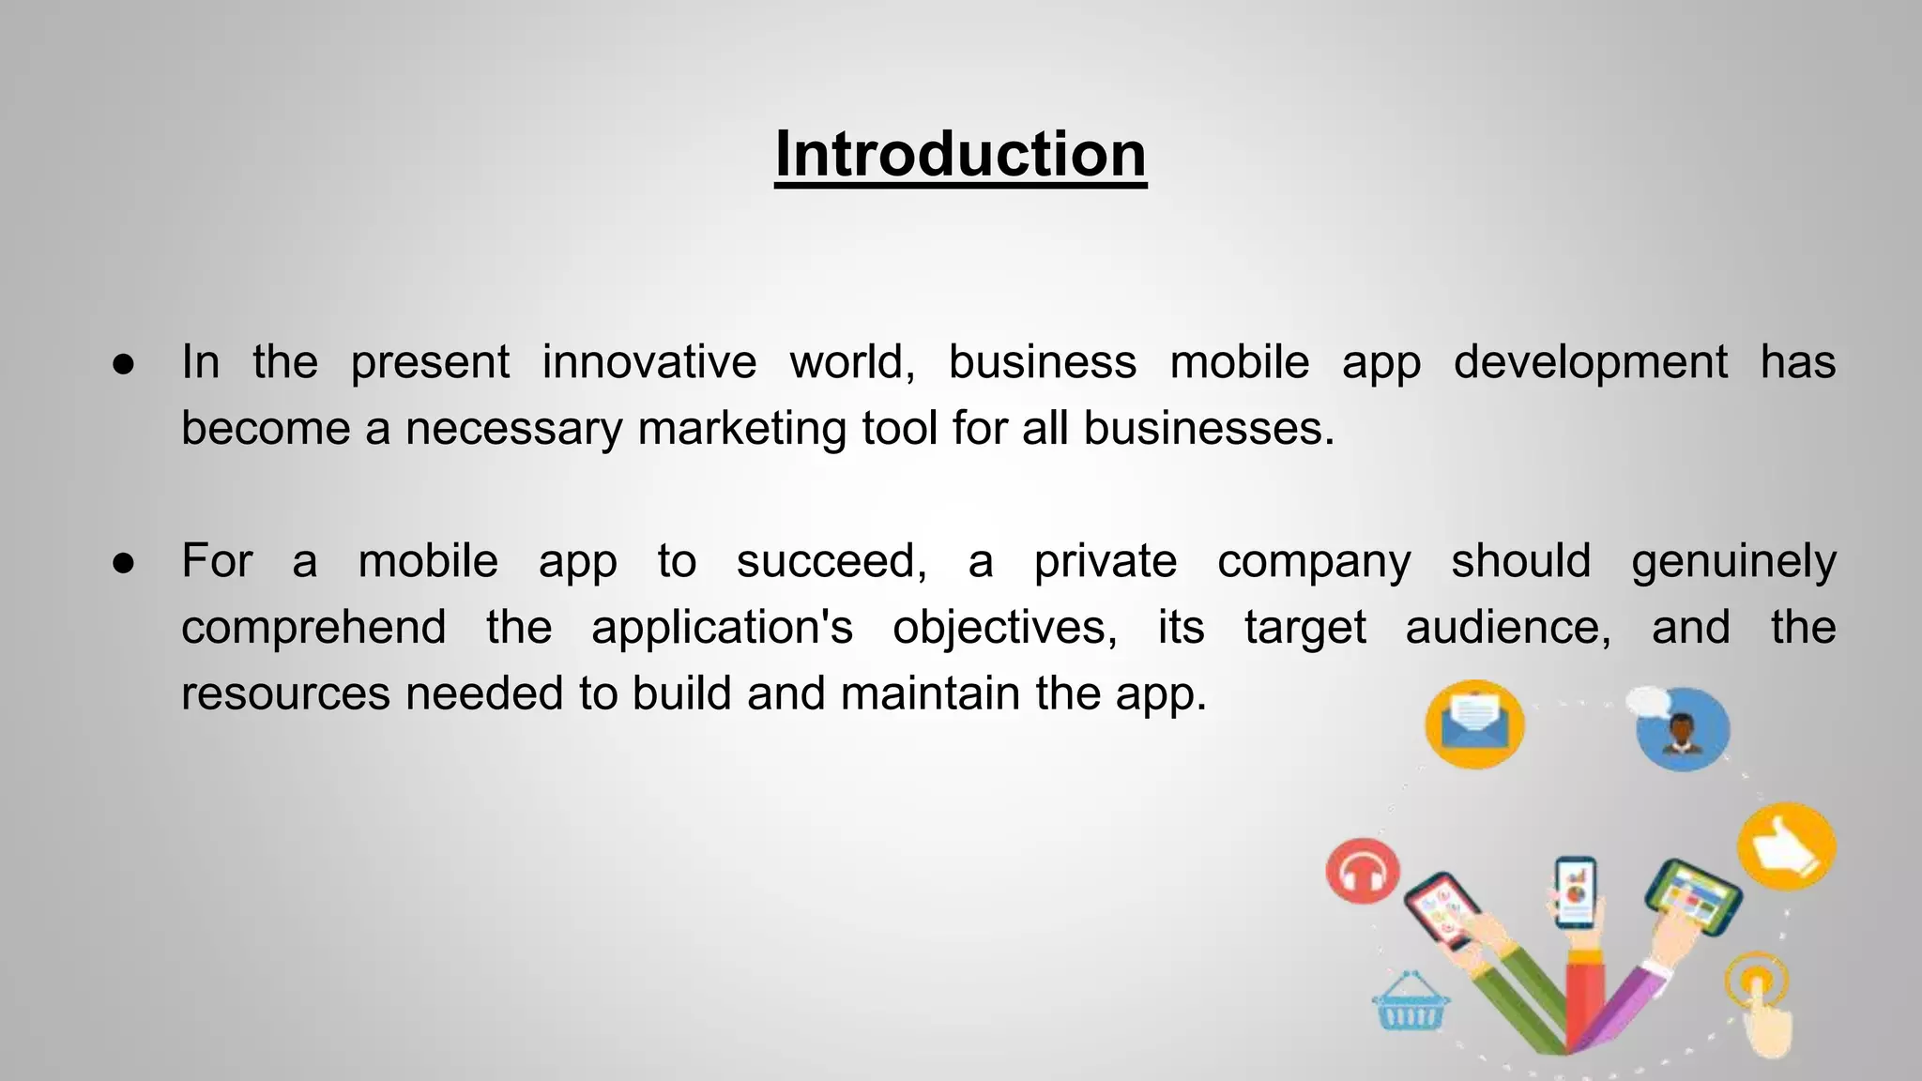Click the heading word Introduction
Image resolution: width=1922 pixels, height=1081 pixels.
point(960,154)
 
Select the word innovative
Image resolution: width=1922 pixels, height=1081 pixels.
point(649,362)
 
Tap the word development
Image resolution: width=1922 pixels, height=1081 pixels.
point(1590,362)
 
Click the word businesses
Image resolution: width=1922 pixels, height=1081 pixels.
point(1208,429)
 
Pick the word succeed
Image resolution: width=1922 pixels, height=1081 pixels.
point(831,562)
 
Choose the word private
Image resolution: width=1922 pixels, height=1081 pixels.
point(1105,562)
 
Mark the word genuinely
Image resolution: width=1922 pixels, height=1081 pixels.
point(1732,562)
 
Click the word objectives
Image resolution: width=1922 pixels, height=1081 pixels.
point(1004,628)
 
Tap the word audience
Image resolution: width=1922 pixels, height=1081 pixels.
point(1507,628)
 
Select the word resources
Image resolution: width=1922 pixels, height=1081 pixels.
point(285,694)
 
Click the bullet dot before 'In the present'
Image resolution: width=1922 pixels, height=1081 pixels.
point(124,364)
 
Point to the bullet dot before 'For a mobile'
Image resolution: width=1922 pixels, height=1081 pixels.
point(124,563)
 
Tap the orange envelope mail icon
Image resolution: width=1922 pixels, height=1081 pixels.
point(1474,724)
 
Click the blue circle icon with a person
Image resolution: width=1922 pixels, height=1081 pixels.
point(1682,730)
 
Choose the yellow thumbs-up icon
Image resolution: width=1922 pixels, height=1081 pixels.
point(1786,845)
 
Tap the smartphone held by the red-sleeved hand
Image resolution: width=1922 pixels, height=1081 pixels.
point(1575,891)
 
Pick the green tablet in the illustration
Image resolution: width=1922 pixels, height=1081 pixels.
point(1693,896)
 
